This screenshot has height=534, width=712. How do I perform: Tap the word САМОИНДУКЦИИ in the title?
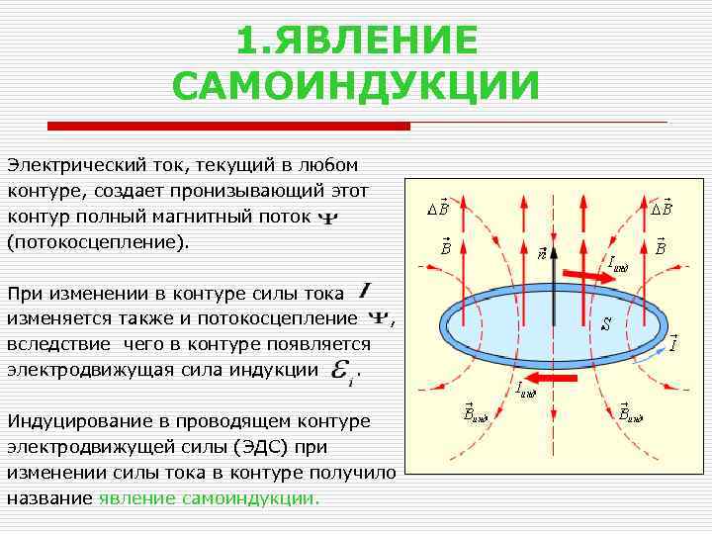tap(356, 86)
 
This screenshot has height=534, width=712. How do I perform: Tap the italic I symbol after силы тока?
tap(366, 291)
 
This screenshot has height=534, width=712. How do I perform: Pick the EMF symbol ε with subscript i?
tap(341, 371)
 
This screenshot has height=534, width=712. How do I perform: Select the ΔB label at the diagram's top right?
tap(661, 208)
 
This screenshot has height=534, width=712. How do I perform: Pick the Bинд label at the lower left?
tap(477, 412)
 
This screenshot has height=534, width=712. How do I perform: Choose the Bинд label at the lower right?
tap(630, 412)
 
